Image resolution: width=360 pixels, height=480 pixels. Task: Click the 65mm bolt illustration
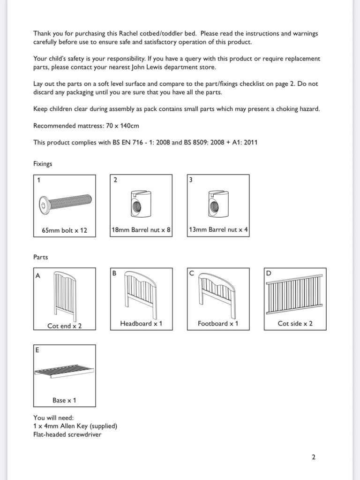tap(65, 203)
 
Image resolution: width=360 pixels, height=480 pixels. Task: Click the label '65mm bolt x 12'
tap(65, 230)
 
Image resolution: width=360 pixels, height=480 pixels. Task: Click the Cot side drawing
tap(295, 294)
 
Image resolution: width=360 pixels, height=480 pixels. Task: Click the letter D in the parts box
tap(269, 273)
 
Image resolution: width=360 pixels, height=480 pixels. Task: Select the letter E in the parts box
tap(37, 350)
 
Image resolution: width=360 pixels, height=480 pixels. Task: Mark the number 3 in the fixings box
tap(190, 180)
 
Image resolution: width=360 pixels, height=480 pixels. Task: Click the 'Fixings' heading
tap(43, 164)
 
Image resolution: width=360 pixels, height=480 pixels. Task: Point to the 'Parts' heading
tap(41, 257)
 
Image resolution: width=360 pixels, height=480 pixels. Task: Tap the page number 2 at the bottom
tap(314, 457)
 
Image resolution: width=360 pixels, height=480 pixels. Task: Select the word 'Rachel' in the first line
tap(146, 33)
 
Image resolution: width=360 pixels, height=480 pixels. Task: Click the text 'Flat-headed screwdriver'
tap(67, 434)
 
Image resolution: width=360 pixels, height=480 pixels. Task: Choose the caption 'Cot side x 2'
tap(295, 323)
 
